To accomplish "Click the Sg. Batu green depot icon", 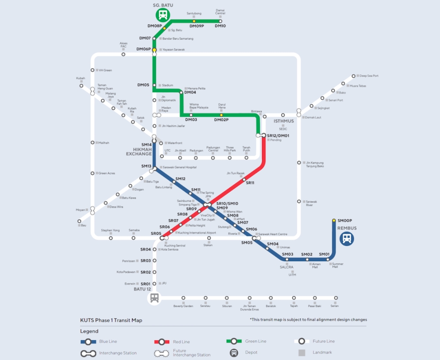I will click(x=163, y=15).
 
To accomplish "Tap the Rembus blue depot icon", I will click(x=347, y=239).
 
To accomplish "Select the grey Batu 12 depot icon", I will click(x=154, y=298).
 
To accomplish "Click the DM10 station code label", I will click(x=220, y=26).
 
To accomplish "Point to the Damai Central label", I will click(x=220, y=12).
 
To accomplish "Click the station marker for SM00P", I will click(x=334, y=220).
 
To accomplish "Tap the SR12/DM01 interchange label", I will click(x=278, y=136).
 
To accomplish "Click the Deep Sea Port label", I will click(x=369, y=76).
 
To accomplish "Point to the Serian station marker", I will click(x=336, y=298).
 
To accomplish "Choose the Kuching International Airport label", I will click(x=197, y=233).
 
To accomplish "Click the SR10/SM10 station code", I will click(x=227, y=204).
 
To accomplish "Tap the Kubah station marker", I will click(x=81, y=86).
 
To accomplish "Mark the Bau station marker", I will click(x=79, y=222).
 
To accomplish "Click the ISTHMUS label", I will click(x=284, y=121).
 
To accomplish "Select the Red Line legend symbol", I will click(x=162, y=342).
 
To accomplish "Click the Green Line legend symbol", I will click(x=234, y=341).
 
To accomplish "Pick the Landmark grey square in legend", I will click(x=302, y=353).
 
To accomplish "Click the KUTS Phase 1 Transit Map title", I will click(x=111, y=320).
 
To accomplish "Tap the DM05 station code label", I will click(x=143, y=85).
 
